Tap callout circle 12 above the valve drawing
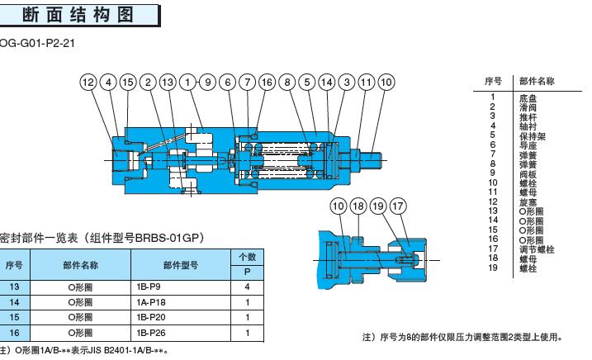click(x=88, y=82)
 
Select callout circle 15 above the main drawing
click(x=128, y=82)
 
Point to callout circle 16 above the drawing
click(x=267, y=82)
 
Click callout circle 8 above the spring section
click(x=287, y=82)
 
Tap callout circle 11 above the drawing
click(x=367, y=82)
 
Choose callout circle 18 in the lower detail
click(x=358, y=206)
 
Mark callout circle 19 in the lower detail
click(x=379, y=206)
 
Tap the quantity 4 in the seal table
click(x=248, y=287)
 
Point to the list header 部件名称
click(x=536, y=81)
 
